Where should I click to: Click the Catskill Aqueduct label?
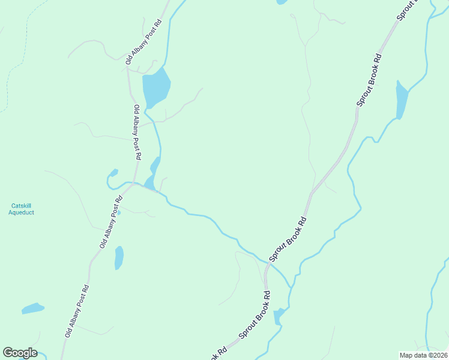click(x=22, y=209)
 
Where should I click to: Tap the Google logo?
click(x=20, y=353)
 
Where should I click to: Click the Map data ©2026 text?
click(x=424, y=355)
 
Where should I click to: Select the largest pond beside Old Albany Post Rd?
click(x=155, y=88)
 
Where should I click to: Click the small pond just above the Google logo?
click(x=33, y=309)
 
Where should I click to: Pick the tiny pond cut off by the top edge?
click(x=282, y=2)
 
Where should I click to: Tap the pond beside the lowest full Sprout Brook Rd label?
click(x=279, y=316)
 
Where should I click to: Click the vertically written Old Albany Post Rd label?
click(x=137, y=132)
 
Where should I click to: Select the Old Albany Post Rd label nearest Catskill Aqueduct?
click(x=111, y=222)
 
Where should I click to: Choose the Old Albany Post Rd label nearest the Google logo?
click(x=77, y=310)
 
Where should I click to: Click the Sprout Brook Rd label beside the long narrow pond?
click(x=369, y=80)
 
